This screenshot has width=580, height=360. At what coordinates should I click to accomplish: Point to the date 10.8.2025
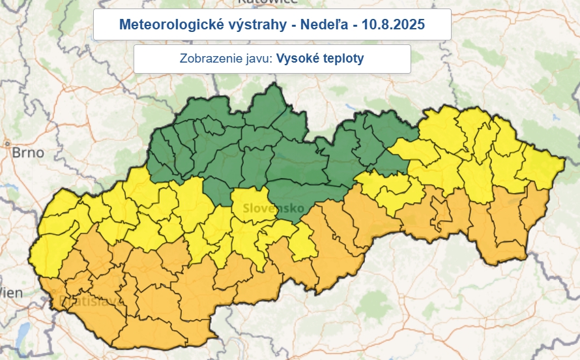388,25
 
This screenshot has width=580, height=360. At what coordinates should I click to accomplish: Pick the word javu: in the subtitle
255,59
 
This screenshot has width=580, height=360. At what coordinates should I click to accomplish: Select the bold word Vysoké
296,59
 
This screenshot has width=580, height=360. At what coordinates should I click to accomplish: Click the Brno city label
27,153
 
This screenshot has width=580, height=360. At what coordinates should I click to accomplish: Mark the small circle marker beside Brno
7,143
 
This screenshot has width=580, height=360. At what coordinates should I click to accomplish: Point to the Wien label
10,293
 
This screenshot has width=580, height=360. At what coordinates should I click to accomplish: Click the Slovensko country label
274,209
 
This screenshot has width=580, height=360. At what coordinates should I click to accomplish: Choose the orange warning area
163,293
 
